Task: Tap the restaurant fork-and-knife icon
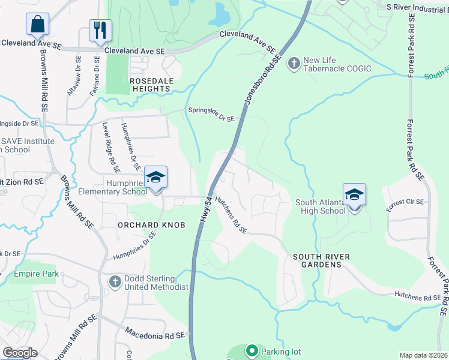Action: (100, 31)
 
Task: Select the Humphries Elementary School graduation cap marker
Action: (155, 178)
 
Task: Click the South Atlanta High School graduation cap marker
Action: (354, 195)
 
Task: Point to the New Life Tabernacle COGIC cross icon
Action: (294, 64)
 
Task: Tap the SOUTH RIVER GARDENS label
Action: (321, 261)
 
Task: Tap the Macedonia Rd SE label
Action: (157, 332)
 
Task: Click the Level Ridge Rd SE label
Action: (109, 144)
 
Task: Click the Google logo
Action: (20, 353)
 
